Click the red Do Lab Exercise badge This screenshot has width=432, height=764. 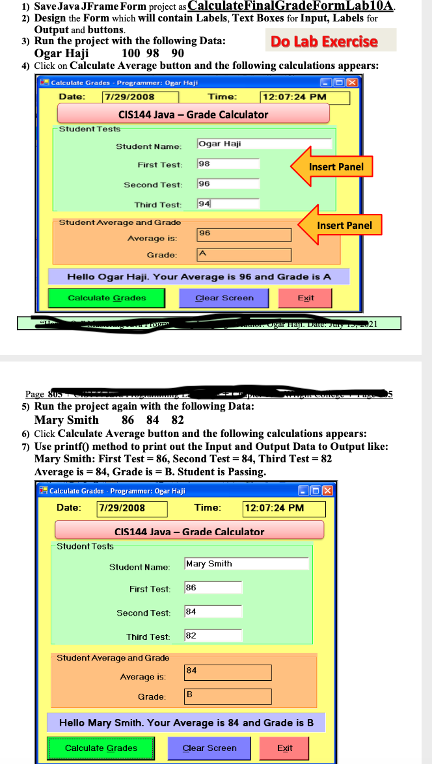323,42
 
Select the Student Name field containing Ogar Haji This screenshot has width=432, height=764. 263,144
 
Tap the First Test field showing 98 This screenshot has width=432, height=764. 228,164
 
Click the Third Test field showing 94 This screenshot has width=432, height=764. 228,204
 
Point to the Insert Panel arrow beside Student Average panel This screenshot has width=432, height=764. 340,226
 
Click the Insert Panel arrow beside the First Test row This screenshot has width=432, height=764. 332,167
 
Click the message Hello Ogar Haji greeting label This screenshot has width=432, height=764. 199,277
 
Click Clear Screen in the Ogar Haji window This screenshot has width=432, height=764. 224,298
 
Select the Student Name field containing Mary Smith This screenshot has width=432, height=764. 246,564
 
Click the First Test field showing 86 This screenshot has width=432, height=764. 213,588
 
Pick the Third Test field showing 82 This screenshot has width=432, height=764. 213,636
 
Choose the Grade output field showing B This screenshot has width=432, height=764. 227,696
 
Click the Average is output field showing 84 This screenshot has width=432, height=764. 227,672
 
